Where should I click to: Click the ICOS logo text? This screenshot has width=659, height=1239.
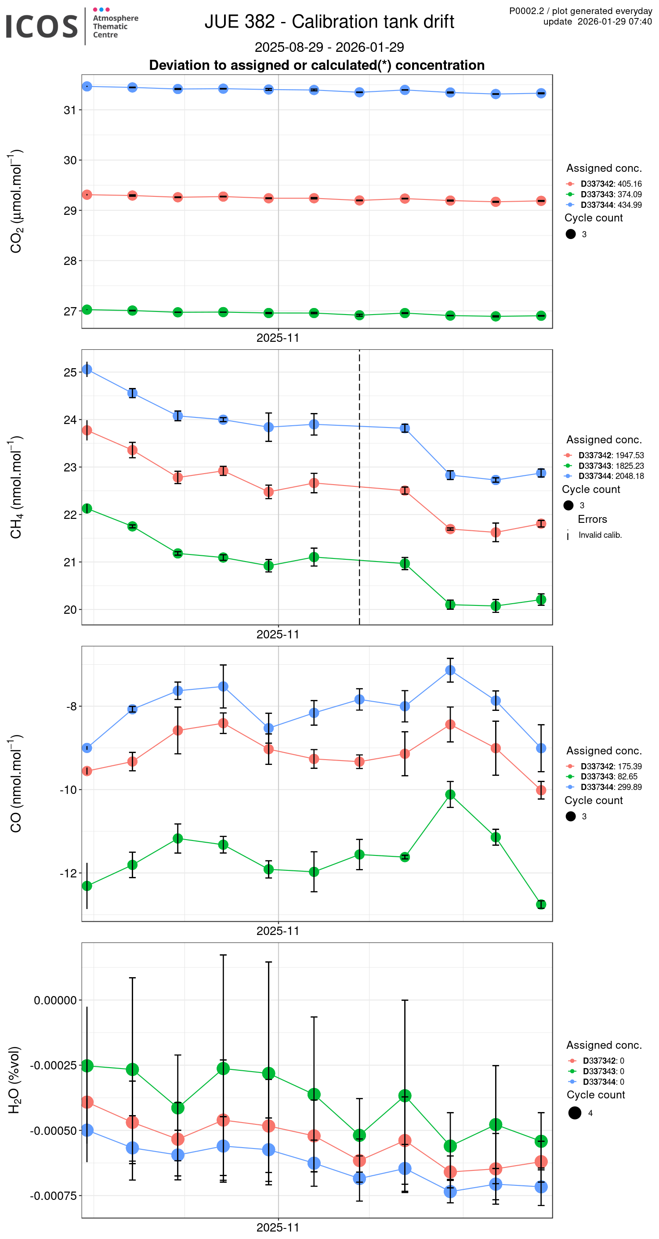41,26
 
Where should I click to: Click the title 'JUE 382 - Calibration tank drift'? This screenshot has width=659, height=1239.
329,22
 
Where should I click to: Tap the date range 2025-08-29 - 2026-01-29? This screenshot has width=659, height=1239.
329,47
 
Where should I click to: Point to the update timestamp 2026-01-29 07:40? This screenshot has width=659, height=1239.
614,22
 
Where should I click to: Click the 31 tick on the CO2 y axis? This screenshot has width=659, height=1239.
70,110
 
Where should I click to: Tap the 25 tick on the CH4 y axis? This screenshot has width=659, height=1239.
70,372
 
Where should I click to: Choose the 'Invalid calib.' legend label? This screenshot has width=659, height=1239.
600,535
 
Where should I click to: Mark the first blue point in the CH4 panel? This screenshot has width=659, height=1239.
87,370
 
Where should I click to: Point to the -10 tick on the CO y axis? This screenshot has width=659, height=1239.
68,790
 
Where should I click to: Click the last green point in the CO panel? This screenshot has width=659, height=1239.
541,904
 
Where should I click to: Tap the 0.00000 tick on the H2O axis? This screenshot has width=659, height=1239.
55,1000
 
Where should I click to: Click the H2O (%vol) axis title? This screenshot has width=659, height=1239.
14,1080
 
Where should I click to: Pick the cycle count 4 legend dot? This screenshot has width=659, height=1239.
574,1113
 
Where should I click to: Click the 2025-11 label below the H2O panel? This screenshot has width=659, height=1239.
278,1227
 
